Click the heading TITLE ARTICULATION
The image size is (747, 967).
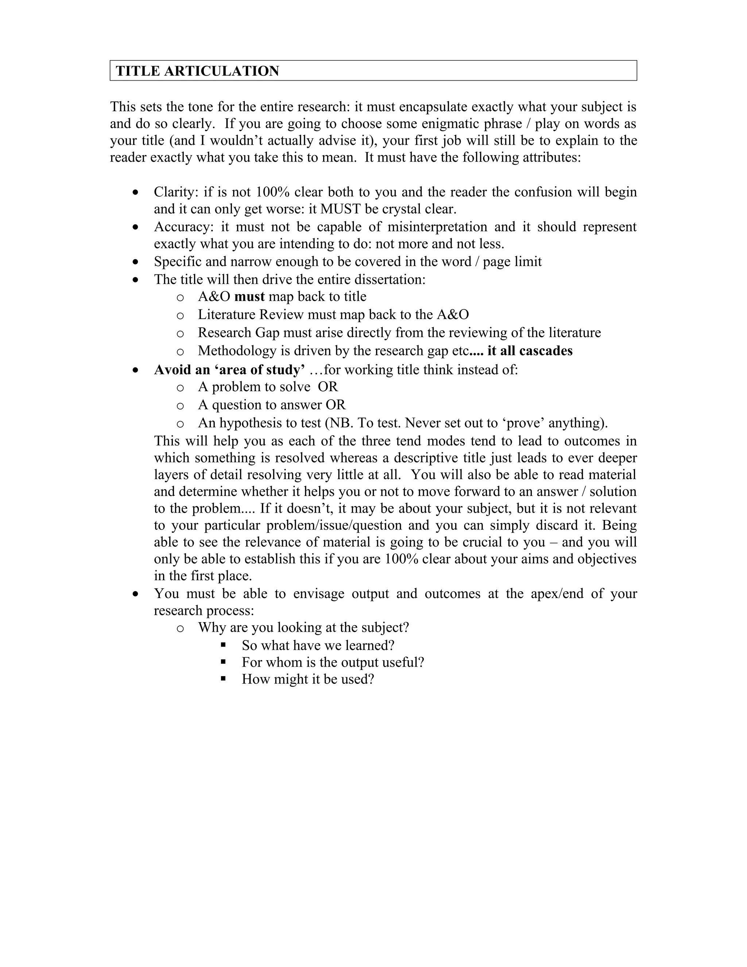(197, 71)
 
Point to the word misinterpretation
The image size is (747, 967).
(437, 227)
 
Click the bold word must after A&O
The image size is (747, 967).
(249, 296)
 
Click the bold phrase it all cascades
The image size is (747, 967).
(530, 351)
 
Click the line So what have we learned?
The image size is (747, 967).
(318, 645)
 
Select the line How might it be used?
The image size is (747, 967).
(307, 679)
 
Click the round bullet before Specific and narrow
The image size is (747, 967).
(135, 262)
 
